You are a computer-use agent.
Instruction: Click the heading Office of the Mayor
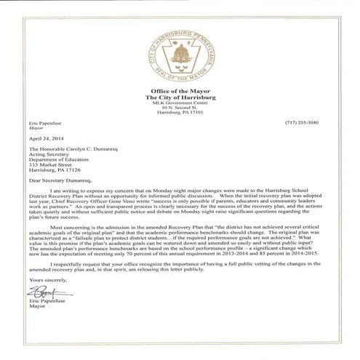(x=179, y=91)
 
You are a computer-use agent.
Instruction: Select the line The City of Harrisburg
(x=179, y=97)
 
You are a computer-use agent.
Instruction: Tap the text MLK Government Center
(x=179, y=103)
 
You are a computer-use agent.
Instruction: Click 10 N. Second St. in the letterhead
(x=179, y=108)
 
